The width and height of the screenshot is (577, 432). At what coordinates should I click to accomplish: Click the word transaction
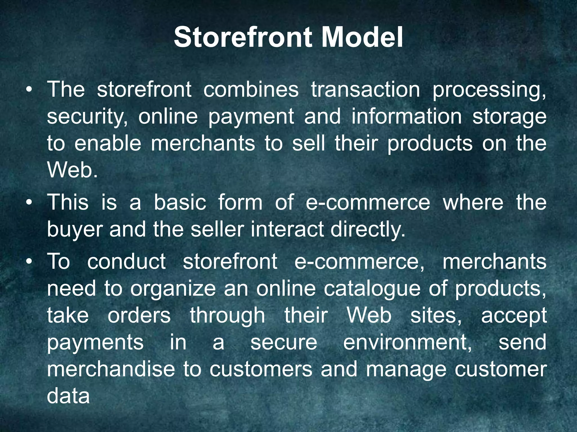[x=365, y=90]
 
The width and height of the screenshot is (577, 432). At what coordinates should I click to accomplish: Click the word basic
[x=180, y=202]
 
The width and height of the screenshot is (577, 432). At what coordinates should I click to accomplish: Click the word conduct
[x=127, y=262]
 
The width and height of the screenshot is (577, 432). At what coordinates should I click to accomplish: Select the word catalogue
[x=372, y=289]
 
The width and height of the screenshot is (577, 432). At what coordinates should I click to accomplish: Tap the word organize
[x=173, y=289]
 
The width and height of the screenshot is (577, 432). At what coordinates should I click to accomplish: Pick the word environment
[x=407, y=343]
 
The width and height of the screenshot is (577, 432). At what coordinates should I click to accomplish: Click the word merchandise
[x=111, y=369]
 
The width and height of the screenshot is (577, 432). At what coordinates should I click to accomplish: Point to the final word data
[x=68, y=396]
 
